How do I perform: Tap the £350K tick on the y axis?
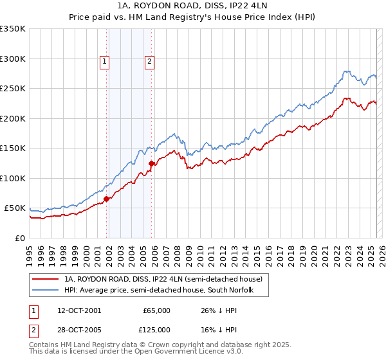click(x=13, y=29)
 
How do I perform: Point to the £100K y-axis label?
click(x=13, y=178)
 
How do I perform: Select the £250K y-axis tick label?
click(x=13, y=89)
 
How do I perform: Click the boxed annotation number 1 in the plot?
click(x=104, y=62)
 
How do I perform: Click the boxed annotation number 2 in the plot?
click(x=149, y=62)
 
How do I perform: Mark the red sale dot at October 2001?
click(x=106, y=199)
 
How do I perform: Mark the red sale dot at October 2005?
click(x=152, y=163)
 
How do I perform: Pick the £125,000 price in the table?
click(x=156, y=330)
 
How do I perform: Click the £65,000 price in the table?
click(x=156, y=310)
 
